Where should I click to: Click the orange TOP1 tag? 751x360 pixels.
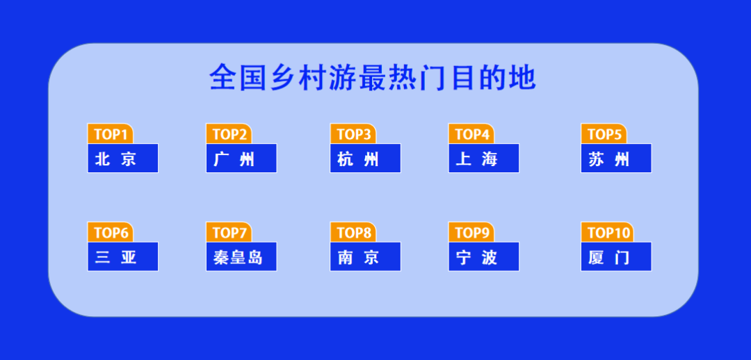point(110,134)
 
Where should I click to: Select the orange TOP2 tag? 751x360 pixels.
point(229,134)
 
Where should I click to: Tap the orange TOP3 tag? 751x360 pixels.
point(353,134)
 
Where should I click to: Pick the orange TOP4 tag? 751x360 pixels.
point(471,134)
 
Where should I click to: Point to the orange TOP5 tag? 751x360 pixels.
point(604,134)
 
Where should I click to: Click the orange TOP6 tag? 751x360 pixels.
point(110,233)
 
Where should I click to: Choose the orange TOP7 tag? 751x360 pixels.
point(229,233)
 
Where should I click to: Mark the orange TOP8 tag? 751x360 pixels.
point(353,233)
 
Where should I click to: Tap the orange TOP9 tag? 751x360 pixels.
point(471,233)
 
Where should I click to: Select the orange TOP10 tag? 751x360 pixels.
point(606,233)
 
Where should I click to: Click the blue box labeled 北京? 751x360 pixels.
point(122,158)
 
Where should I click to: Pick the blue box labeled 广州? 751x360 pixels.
point(241,158)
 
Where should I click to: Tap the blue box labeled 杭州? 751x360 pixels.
point(366,158)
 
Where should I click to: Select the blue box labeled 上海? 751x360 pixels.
point(484,158)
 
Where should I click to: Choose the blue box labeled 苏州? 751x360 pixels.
point(616,158)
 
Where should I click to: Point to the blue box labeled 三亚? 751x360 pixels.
point(122,257)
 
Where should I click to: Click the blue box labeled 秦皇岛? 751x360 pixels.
point(241,257)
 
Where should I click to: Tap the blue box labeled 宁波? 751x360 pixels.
point(484,257)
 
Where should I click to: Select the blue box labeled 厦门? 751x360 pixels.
point(616,257)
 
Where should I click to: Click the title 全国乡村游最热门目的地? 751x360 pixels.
point(373,78)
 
